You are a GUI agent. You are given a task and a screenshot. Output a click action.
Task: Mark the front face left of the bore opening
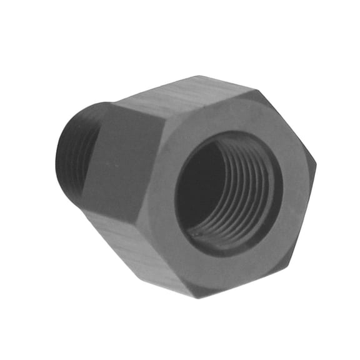(162, 187)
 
